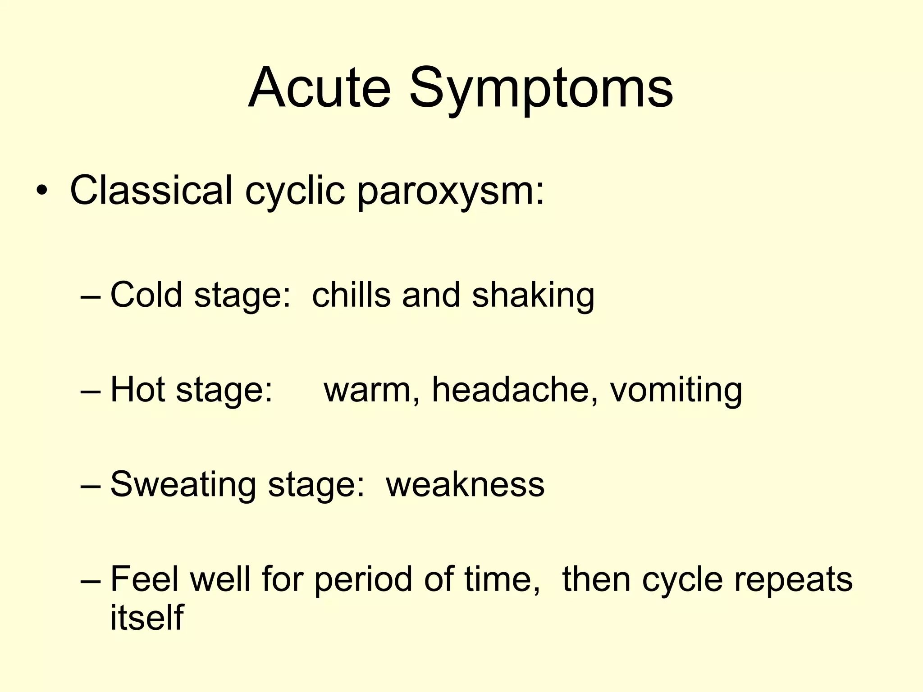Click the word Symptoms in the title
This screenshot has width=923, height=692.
[x=541, y=89]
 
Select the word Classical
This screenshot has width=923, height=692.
[x=151, y=190]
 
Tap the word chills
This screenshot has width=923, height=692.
[x=351, y=295]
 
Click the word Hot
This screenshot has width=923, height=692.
[x=137, y=389]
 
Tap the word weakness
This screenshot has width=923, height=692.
[x=465, y=484]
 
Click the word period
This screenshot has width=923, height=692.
[x=363, y=580]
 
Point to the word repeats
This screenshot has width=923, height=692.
[x=793, y=580]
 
